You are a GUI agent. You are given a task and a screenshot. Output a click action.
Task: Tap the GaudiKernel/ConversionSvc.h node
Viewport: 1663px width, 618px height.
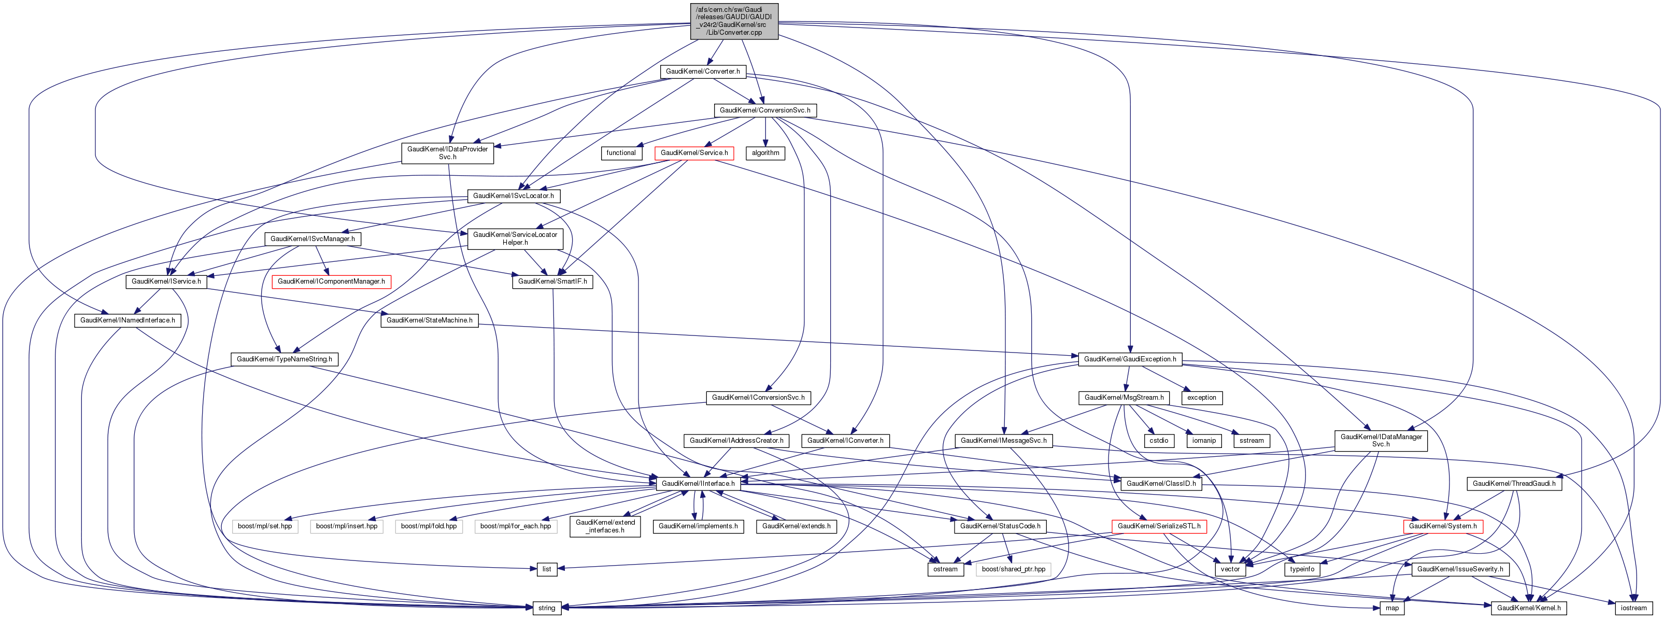click(764, 110)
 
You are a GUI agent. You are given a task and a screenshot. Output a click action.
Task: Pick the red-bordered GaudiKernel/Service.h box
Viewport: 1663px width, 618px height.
click(694, 153)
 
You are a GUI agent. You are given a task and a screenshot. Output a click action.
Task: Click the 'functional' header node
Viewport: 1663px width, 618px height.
click(621, 153)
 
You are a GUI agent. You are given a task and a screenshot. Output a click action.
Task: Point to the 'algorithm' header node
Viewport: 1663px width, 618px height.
click(765, 153)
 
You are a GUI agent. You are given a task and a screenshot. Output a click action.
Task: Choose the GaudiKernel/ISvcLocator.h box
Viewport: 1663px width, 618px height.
click(513, 195)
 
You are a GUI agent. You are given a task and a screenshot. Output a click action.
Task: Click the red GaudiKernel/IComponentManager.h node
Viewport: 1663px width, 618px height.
click(331, 282)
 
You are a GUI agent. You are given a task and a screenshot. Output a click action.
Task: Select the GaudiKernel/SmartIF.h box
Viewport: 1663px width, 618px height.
click(552, 282)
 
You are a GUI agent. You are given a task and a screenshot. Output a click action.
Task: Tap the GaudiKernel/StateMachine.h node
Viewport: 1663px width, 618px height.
click(429, 320)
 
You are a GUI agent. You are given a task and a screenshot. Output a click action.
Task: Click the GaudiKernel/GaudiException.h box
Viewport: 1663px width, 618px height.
click(1130, 359)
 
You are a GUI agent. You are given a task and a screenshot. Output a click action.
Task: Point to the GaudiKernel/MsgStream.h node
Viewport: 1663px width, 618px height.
click(1124, 398)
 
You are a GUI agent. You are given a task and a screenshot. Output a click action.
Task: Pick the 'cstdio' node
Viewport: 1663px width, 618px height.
click(1159, 440)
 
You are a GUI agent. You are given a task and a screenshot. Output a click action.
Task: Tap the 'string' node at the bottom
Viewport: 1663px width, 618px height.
click(546, 608)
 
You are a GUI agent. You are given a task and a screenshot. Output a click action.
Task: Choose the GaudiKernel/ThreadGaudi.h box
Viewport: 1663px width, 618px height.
click(1514, 484)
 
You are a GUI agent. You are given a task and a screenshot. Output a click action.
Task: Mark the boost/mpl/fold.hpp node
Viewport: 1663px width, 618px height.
click(429, 526)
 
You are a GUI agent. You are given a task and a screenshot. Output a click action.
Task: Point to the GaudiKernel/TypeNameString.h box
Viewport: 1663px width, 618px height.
click(284, 359)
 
